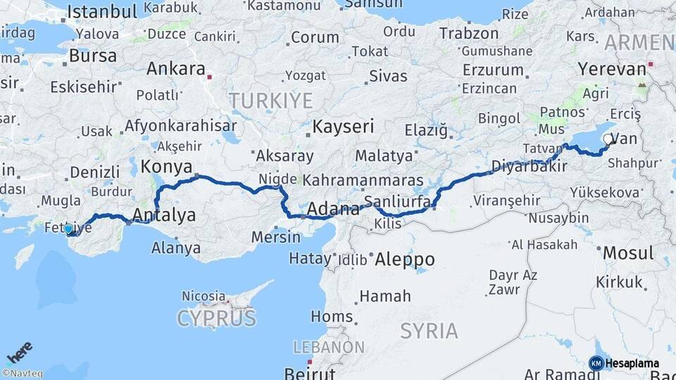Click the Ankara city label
click(175, 70)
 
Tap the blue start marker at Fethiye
click(68, 229)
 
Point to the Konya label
click(167, 167)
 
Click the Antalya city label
click(164, 215)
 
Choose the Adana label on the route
click(334, 208)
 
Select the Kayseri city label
click(343, 127)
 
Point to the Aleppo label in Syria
click(405, 259)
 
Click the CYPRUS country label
click(216, 319)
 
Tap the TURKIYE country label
click(270, 101)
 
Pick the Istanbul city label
click(104, 11)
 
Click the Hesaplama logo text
click(632, 363)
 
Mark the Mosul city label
click(629, 253)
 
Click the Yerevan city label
click(611, 69)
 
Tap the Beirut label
click(310, 372)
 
